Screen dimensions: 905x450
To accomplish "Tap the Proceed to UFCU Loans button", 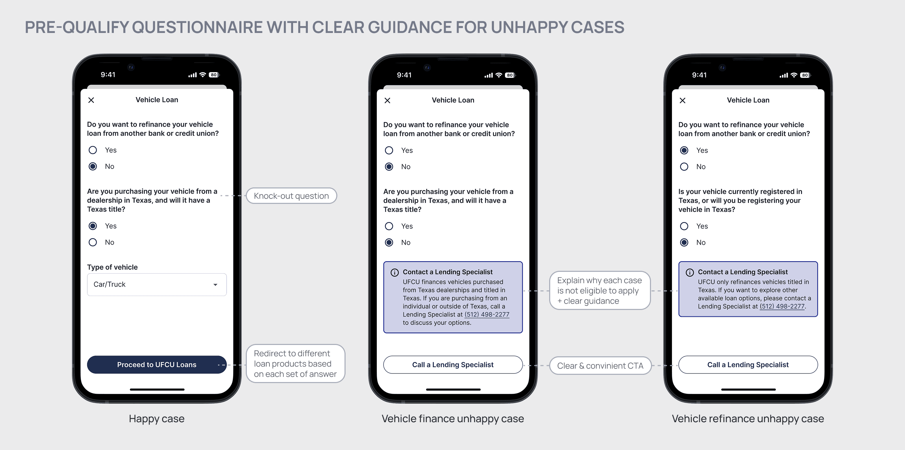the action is click(157, 365).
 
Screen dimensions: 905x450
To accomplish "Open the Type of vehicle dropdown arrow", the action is click(215, 285).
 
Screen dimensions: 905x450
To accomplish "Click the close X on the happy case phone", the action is click(91, 100).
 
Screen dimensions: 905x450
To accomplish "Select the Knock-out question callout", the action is click(291, 196).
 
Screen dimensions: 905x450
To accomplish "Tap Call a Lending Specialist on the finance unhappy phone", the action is click(453, 365).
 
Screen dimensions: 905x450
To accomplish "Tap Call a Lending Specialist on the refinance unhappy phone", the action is click(748, 365).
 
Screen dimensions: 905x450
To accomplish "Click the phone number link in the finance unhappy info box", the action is click(486, 314).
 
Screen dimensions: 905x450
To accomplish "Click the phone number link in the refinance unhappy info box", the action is click(782, 307).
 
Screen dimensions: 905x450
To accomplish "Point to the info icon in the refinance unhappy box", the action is click(690, 272).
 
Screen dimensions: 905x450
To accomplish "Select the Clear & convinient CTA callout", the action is click(600, 366).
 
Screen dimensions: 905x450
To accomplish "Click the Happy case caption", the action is click(156, 418).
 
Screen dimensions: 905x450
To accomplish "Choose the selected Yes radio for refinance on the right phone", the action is click(684, 150).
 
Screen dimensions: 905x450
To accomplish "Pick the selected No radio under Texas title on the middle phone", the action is click(389, 242).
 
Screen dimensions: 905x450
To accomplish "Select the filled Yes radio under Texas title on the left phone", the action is click(93, 226).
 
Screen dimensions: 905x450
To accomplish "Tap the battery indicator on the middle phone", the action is click(510, 75).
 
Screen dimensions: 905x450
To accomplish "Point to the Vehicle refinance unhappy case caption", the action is click(748, 418).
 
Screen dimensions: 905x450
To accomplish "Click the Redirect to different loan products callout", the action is click(295, 364).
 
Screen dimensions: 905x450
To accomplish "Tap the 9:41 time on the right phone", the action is click(699, 75).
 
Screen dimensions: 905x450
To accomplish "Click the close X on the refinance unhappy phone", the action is click(683, 101).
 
